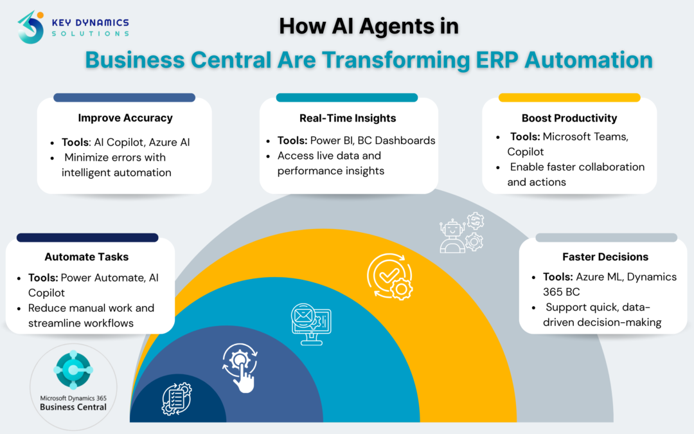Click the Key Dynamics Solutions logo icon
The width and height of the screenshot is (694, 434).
click(31, 27)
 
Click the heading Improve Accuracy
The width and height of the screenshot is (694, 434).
click(125, 118)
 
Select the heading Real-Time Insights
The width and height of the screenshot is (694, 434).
click(348, 118)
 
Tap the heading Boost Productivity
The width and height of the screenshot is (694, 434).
click(569, 118)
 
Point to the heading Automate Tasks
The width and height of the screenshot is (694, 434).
click(87, 257)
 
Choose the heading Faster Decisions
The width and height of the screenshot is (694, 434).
click(605, 257)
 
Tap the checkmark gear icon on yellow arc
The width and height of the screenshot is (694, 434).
click(389, 277)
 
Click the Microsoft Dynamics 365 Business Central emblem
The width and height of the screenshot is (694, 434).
click(73, 371)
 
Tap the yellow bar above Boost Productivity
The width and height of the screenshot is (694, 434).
click(569, 98)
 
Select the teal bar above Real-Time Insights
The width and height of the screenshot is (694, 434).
click(347, 98)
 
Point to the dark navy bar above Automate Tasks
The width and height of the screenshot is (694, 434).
click(87, 237)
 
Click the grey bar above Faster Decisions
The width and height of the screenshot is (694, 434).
click(606, 237)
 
